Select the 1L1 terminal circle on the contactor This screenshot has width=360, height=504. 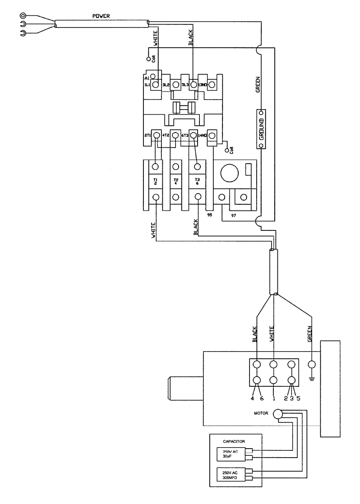(156, 84)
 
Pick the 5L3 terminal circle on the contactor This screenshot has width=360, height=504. (193, 84)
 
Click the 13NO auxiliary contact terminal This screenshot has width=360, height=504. (211, 84)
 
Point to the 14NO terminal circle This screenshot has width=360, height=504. (211, 135)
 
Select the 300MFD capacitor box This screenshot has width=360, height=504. (231, 475)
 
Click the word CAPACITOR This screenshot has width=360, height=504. (234, 440)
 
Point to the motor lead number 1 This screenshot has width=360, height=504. (273, 399)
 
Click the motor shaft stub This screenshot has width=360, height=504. (185, 389)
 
